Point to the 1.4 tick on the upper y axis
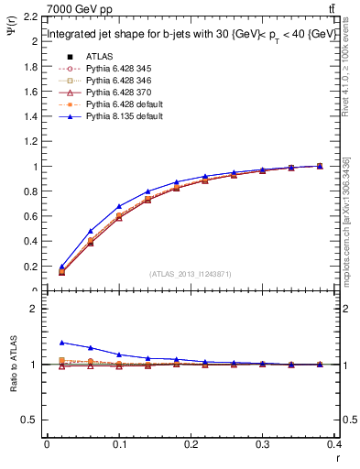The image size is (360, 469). pyautogui.click(x=31, y=117)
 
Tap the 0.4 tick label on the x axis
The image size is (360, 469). pyautogui.click(x=337, y=446)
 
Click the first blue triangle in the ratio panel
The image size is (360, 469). pyautogui.click(x=62, y=343)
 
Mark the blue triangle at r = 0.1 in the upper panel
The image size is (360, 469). pyautogui.click(x=119, y=207)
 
